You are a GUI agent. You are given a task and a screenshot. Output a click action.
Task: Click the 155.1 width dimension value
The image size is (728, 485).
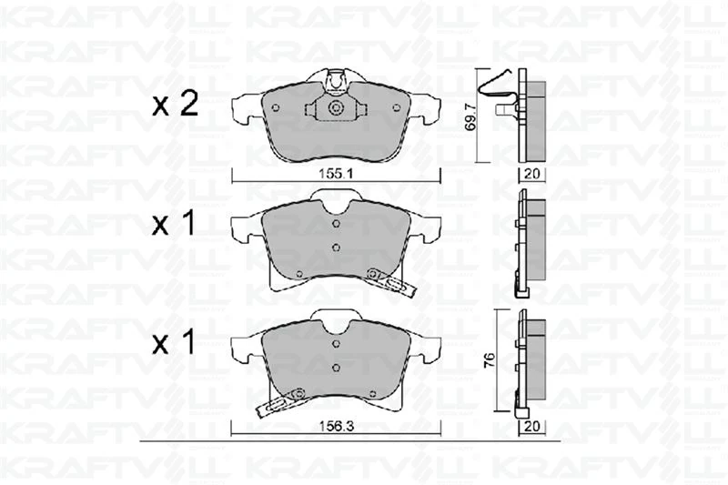336,174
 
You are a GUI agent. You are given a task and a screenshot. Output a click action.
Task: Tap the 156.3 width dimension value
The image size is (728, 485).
337,426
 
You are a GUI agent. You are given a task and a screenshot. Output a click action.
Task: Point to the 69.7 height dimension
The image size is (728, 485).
470,117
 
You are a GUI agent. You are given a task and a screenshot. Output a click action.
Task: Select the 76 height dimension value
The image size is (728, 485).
489,360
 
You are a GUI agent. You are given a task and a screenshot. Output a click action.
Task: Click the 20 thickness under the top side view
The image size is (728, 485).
531,174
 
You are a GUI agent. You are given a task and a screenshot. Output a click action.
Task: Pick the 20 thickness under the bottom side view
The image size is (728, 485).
531,426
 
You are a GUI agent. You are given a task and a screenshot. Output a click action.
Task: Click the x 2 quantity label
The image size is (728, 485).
176,104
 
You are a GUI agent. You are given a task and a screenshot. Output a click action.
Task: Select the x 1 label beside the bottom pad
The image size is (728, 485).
174,343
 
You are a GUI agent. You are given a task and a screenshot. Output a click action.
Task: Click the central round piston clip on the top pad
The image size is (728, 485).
335,108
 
